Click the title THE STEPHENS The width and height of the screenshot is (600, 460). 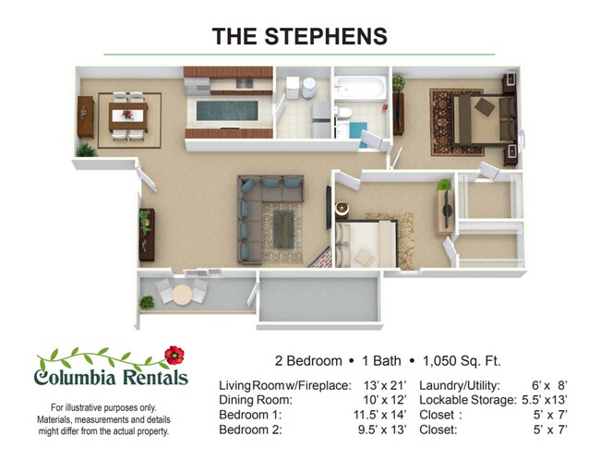click(299, 36)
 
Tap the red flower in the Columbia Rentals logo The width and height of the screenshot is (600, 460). click(173, 355)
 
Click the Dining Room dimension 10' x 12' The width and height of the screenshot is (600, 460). click(382, 400)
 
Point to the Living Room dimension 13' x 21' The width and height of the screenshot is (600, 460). click(382, 385)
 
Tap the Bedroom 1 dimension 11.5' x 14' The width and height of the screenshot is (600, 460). click(378, 415)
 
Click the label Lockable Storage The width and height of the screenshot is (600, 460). click(467, 400)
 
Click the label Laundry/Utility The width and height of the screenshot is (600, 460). click(460, 385)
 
